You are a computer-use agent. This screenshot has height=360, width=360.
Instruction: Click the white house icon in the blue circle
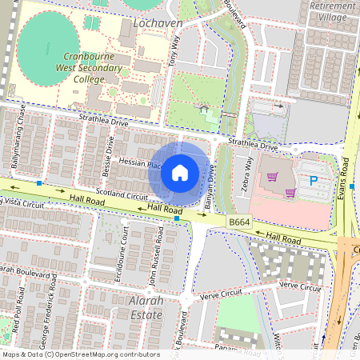click(x=180, y=172)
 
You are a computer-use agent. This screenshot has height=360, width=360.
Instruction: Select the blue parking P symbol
click(x=313, y=182)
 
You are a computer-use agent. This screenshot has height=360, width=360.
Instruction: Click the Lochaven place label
click(x=158, y=24)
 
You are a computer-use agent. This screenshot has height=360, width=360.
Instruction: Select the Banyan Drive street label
click(x=209, y=187)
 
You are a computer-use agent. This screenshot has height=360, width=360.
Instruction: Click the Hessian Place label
click(x=141, y=162)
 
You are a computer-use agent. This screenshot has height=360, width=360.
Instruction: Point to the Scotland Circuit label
click(x=122, y=194)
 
